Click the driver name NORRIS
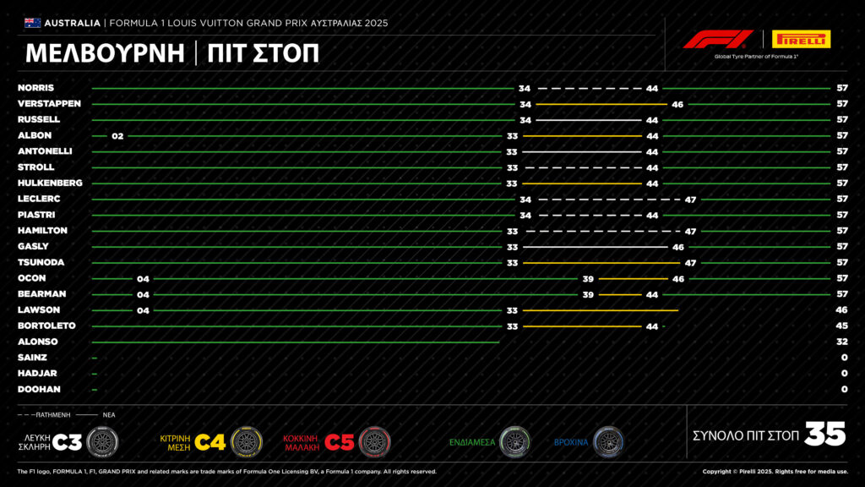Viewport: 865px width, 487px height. [35, 88]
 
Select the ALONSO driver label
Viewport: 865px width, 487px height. [37, 342]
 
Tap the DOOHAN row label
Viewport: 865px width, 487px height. [39, 389]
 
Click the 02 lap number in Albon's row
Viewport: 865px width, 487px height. [117, 136]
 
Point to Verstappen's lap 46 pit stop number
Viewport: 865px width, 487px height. [677, 104]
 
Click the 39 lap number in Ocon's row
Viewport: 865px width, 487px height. [588, 279]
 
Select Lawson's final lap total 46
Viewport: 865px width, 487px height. [841, 310]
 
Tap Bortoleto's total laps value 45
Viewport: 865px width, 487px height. [841, 326]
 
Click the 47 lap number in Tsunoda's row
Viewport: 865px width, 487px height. [690, 264]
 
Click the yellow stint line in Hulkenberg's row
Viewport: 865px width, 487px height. [582, 183]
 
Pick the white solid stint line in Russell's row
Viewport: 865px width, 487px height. [589, 120]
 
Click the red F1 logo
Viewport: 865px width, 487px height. [718, 39]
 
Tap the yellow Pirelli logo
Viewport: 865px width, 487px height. [801, 39]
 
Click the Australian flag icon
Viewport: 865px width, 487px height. [33, 23]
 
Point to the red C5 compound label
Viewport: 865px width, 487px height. [340, 442]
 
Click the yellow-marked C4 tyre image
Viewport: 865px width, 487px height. [247, 441]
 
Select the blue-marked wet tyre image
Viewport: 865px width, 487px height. [608, 441]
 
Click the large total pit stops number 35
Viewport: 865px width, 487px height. [824, 434]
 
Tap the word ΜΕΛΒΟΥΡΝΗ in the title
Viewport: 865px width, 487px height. [105, 53]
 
